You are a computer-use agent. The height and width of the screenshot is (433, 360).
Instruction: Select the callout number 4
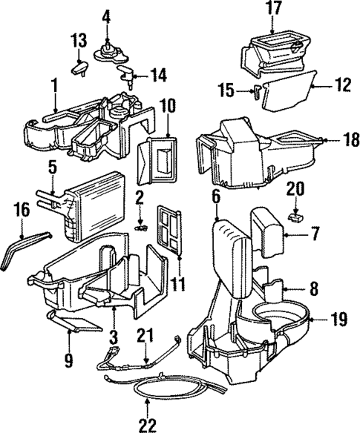107,15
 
